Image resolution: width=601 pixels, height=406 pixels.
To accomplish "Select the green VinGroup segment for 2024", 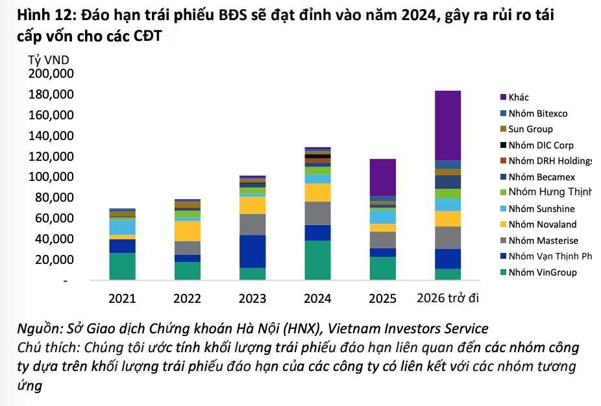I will pos(317,260).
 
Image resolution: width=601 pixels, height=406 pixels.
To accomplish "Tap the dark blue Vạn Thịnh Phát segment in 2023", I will pos(252,251).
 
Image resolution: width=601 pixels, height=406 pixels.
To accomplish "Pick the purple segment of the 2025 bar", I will pos(383,177).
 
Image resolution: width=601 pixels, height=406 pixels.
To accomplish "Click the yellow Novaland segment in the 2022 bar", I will pos(187,231).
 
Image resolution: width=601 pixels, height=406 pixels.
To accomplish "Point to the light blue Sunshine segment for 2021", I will pos(122,227).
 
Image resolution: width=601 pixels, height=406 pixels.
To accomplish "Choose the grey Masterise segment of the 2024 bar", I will pos(317,213).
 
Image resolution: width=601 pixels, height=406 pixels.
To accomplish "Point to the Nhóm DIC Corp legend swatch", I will pos(503,145).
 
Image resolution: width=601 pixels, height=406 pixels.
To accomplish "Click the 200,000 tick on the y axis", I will pos(51,74).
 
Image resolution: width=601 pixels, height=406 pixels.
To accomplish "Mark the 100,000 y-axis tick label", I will pos(51,177).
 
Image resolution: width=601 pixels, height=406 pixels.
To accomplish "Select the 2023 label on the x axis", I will pos(252,298).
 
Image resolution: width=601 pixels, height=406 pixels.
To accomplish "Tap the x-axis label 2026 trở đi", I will pos(448,298).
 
